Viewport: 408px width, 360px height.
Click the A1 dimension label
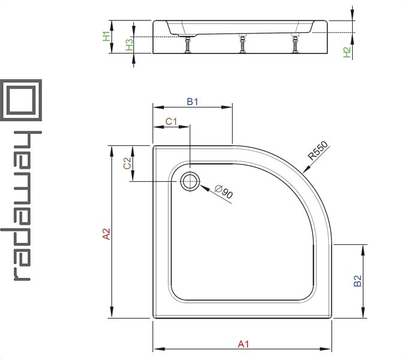(243, 344)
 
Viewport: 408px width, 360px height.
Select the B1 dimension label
(192, 102)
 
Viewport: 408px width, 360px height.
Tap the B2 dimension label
(358, 282)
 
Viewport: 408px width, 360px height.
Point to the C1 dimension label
(171, 121)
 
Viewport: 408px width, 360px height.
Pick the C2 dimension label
(127, 164)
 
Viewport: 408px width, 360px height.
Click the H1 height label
(106, 36)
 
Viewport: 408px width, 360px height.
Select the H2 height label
(348, 53)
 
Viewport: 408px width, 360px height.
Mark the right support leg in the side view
(295, 43)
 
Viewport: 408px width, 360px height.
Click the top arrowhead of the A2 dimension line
(111, 149)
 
